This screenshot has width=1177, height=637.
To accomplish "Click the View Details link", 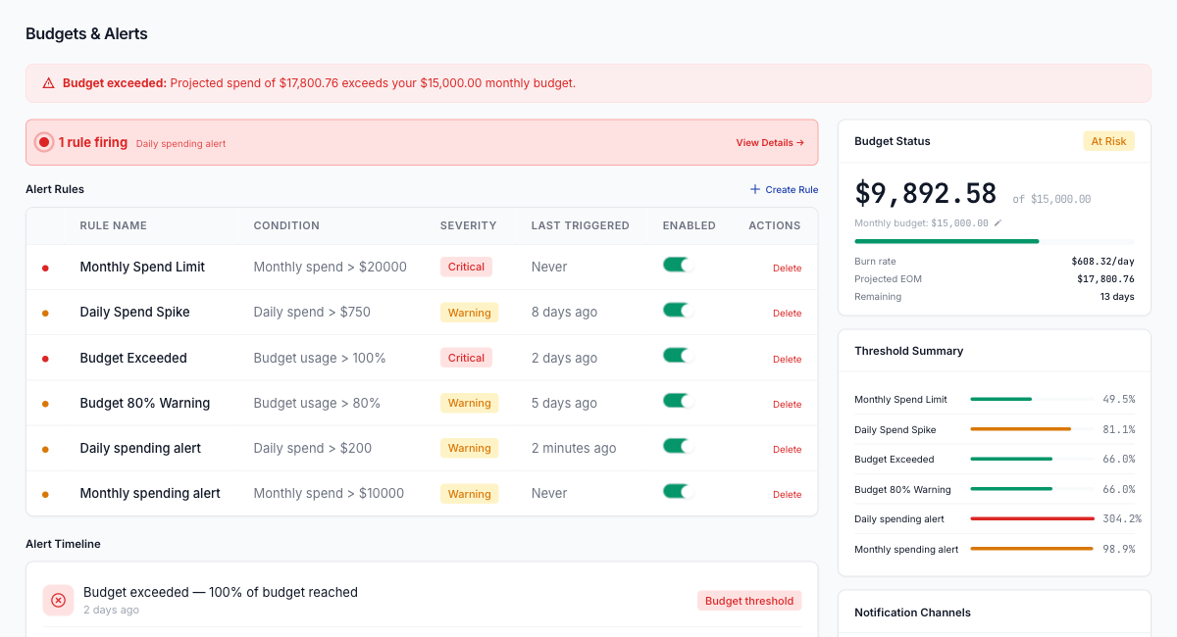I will click(x=770, y=143).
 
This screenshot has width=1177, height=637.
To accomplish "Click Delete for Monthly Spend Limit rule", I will click(x=787, y=269).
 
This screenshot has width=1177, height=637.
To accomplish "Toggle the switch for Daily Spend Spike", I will click(x=678, y=311).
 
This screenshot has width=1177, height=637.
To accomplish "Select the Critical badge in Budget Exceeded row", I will click(x=466, y=358).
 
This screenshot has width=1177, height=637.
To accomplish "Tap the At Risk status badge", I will click(x=1108, y=141).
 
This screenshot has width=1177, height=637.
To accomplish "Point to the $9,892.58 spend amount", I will click(x=925, y=193).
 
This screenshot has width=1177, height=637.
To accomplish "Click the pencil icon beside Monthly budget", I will click(x=998, y=223).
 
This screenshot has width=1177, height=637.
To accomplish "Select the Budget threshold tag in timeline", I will click(x=749, y=601).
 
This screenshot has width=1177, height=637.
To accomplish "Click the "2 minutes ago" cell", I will click(x=574, y=448).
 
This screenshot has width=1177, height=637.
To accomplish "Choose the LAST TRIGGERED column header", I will click(x=580, y=225).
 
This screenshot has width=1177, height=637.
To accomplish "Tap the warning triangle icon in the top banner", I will click(x=48, y=83).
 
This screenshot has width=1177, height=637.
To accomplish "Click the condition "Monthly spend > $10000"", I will click(x=329, y=493).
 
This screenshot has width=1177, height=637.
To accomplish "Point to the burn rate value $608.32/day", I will click(x=1102, y=262).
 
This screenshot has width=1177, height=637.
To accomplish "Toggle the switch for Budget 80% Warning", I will click(x=678, y=401).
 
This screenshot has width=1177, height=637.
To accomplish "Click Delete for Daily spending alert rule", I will click(x=787, y=450).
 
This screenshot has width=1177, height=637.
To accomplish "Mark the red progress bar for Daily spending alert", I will click(x=1032, y=519).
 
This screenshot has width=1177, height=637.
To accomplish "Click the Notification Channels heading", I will click(x=912, y=612).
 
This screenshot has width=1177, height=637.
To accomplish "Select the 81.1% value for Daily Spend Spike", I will click(x=1118, y=429).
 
